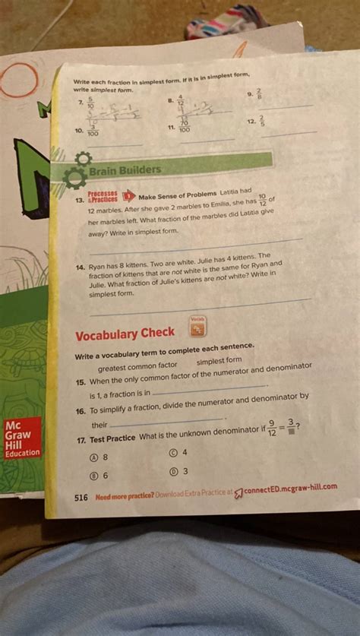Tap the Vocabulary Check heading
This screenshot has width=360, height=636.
point(125,334)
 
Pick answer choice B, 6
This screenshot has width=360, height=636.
point(100,476)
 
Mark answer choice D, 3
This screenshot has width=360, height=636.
point(179,470)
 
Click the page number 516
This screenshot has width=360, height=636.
point(81,498)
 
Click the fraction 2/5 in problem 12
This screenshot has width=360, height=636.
point(261,121)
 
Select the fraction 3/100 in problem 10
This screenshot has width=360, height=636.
point(92,130)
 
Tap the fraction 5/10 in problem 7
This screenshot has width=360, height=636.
point(91,102)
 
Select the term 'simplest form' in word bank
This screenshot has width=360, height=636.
point(219,361)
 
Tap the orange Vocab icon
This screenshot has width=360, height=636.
point(197,326)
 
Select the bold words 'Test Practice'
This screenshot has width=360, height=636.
point(112,439)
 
